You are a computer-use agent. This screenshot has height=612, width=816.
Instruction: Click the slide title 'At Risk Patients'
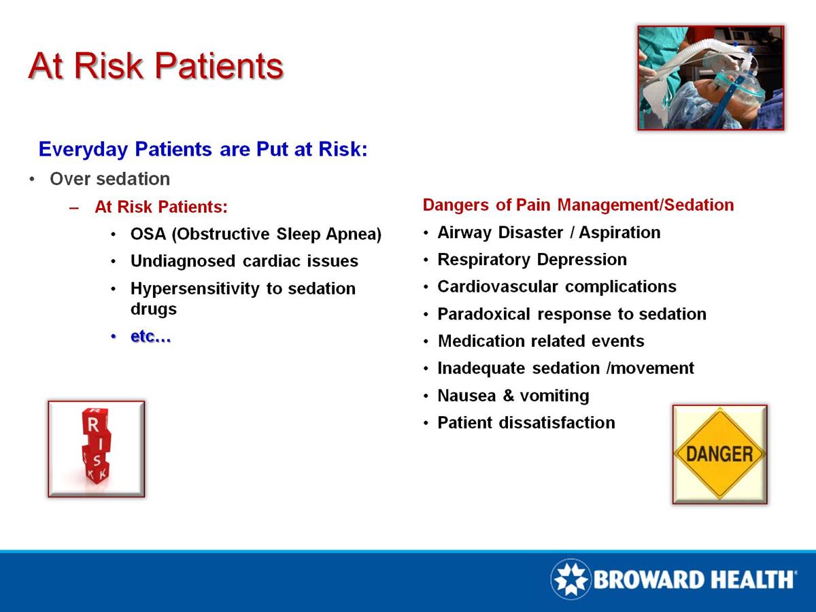156,66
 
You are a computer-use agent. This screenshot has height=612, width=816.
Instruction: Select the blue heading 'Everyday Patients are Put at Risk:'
203,149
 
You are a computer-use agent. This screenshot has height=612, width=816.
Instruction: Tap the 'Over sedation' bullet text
109,179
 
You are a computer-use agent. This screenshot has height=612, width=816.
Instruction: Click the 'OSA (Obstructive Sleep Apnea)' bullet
256,234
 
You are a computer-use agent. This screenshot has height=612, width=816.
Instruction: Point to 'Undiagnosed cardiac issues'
244,261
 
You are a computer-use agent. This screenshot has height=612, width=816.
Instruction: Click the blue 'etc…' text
150,337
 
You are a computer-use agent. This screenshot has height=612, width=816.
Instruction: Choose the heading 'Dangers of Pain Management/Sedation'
578,205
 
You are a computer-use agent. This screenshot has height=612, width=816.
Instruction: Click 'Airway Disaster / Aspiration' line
549,233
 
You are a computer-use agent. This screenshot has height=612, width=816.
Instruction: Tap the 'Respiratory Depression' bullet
532,260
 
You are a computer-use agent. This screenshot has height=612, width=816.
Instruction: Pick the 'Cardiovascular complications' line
557,287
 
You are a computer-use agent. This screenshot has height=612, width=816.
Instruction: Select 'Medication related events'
541,341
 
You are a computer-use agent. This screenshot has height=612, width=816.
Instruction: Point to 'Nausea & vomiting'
513,396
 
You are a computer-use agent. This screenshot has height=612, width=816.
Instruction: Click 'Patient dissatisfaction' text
526,423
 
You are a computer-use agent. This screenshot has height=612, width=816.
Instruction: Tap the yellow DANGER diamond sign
719,454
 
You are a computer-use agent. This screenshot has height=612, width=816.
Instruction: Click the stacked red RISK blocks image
96,448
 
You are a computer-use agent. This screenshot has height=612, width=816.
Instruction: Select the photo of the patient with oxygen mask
711,78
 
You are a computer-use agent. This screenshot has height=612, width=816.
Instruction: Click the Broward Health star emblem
571,579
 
